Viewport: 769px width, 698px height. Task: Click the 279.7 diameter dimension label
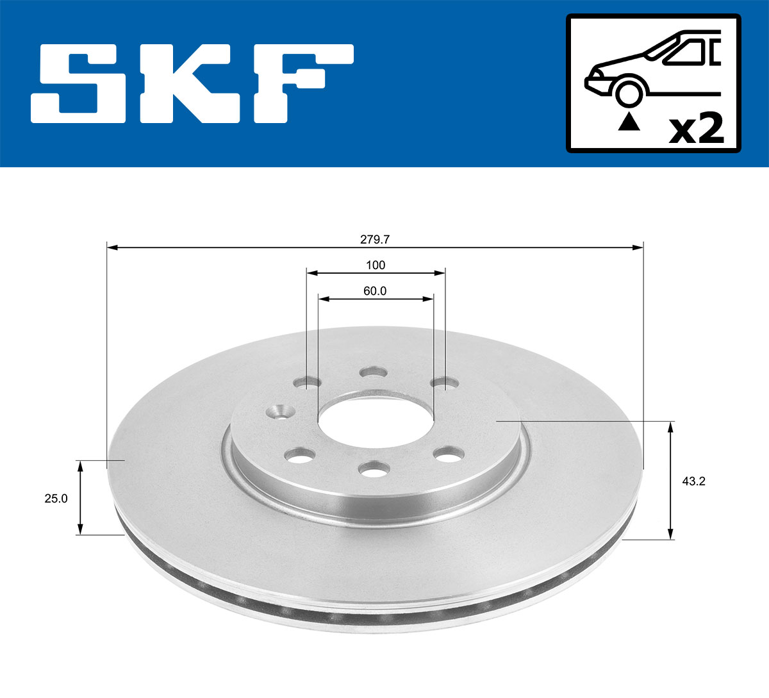click(x=375, y=240)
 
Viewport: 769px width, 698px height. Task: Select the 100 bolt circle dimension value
click(x=375, y=265)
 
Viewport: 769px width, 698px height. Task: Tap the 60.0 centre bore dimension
click(x=375, y=291)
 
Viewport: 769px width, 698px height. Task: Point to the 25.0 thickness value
click(x=56, y=498)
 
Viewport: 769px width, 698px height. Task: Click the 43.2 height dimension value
click(x=693, y=481)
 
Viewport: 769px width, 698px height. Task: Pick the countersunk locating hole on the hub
click(x=279, y=410)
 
